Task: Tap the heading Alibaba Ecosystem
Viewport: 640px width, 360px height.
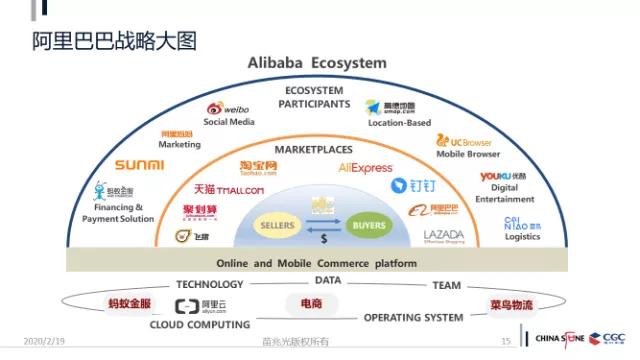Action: [317, 63]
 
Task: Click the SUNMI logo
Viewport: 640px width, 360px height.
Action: [139, 165]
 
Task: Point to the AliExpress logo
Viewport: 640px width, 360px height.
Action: [366, 168]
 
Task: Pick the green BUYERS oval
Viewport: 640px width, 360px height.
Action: [369, 226]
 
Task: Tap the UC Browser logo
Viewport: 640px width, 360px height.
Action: [468, 141]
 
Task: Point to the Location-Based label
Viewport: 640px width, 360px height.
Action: [399, 123]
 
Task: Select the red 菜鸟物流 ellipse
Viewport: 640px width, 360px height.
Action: [511, 303]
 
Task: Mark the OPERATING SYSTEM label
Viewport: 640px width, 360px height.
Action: [413, 318]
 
